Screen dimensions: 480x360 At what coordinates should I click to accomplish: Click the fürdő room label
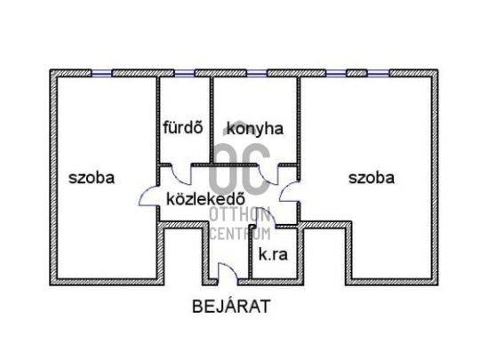(x=183, y=127)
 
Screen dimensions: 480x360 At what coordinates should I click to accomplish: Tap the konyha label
(x=255, y=129)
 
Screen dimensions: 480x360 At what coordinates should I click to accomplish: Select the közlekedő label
(x=205, y=199)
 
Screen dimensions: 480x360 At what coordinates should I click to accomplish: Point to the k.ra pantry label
(x=273, y=254)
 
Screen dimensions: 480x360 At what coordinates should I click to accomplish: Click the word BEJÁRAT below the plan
(x=231, y=306)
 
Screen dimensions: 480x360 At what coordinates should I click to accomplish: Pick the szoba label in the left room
(x=92, y=178)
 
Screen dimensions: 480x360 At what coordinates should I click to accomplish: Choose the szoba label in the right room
(x=372, y=178)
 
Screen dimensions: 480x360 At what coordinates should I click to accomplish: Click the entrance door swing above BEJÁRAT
(x=228, y=271)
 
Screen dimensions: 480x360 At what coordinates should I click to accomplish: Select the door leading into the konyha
(x=268, y=174)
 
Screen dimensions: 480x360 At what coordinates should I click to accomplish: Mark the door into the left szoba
(x=149, y=196)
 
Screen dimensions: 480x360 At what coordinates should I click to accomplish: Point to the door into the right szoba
(x=289, y=191)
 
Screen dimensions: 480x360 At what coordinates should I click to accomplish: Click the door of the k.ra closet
(x=266, y=217)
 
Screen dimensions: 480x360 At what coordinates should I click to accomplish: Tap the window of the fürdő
(x=184, y=73)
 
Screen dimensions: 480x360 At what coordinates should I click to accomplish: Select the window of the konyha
(x=257, y=73)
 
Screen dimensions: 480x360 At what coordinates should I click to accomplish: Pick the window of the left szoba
(x=101, y=73)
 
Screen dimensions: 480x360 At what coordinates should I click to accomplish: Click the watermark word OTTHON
(x=240, y=214)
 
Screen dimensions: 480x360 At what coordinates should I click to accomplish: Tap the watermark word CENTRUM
(x=240, y=234)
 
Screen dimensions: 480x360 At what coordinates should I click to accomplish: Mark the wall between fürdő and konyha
(x=212, y=120)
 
